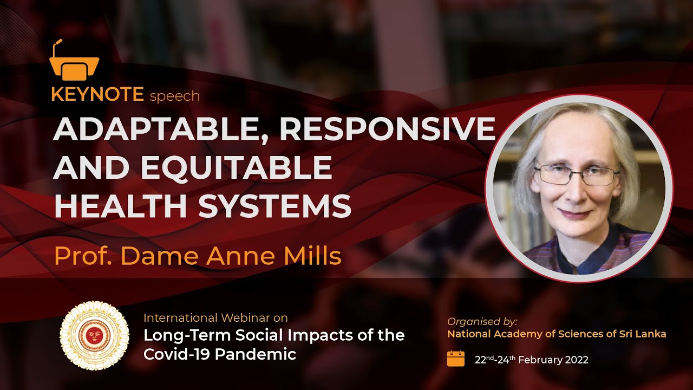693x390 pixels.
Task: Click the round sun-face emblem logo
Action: point(94,336)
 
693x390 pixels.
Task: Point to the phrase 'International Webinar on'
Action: point(215,318)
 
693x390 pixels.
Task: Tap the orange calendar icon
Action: point(456,359)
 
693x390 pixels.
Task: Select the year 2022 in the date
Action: point(574,360)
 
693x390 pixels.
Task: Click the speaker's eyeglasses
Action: point(576,174)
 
